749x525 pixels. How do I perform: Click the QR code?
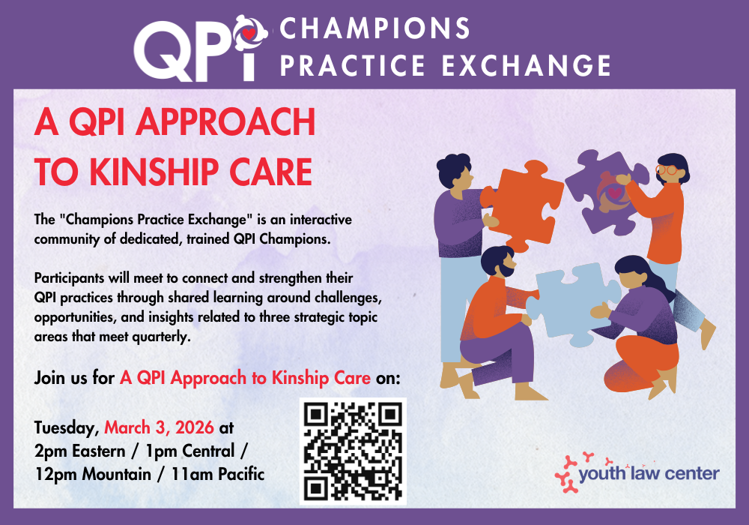[353, 451]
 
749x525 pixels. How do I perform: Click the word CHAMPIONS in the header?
[375, 28]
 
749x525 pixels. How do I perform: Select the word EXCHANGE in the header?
[527, 65]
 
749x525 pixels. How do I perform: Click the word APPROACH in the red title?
[225, 121]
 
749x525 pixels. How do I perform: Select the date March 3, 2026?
[159, 427]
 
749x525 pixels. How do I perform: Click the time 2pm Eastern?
[80, 451]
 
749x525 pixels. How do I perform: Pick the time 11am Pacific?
[218, 474]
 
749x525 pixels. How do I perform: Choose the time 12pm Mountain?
[93, 474]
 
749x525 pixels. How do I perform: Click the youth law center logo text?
[649, 473]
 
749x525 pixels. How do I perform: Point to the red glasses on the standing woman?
[668, 169]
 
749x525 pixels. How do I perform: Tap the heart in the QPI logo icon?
[249, 34]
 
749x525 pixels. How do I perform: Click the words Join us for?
[74, 378]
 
